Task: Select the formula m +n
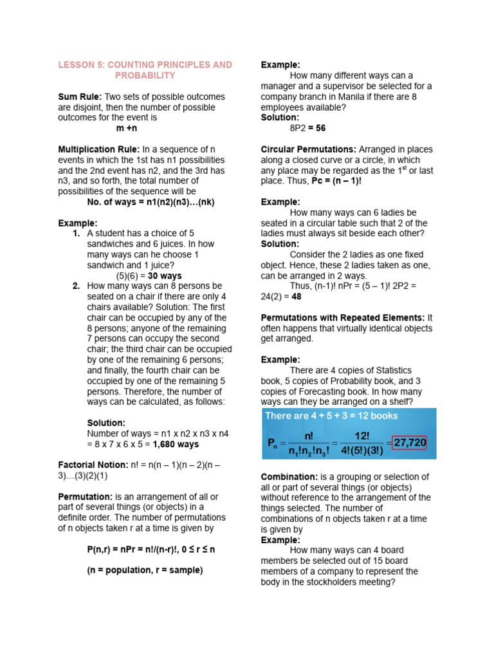pyautogui.click(x=128, y=128)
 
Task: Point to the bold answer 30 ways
pyautogui.click(x=165, y=275)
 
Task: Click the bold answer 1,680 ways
pyautogui.click(x=176, y=444)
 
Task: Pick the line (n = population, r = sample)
pyautogui.click(x=145, y=570)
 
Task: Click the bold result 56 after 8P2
pyautogui.click(x=320, y=128)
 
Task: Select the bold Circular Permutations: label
pyautogui.click(x=308, y=149)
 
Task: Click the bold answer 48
pyautogui.click(x=297, y=297)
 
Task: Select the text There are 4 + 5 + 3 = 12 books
pyautogui.click(x=331, y=416)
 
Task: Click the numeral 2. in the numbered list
pyautogui.click(x=77, y=286)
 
